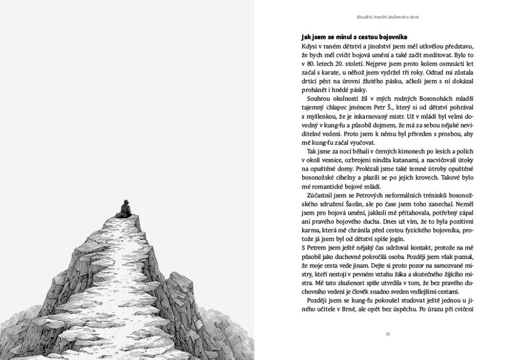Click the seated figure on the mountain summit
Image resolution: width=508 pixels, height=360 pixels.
coord(124,209)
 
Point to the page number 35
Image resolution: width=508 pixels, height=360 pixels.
coord(388,334)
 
